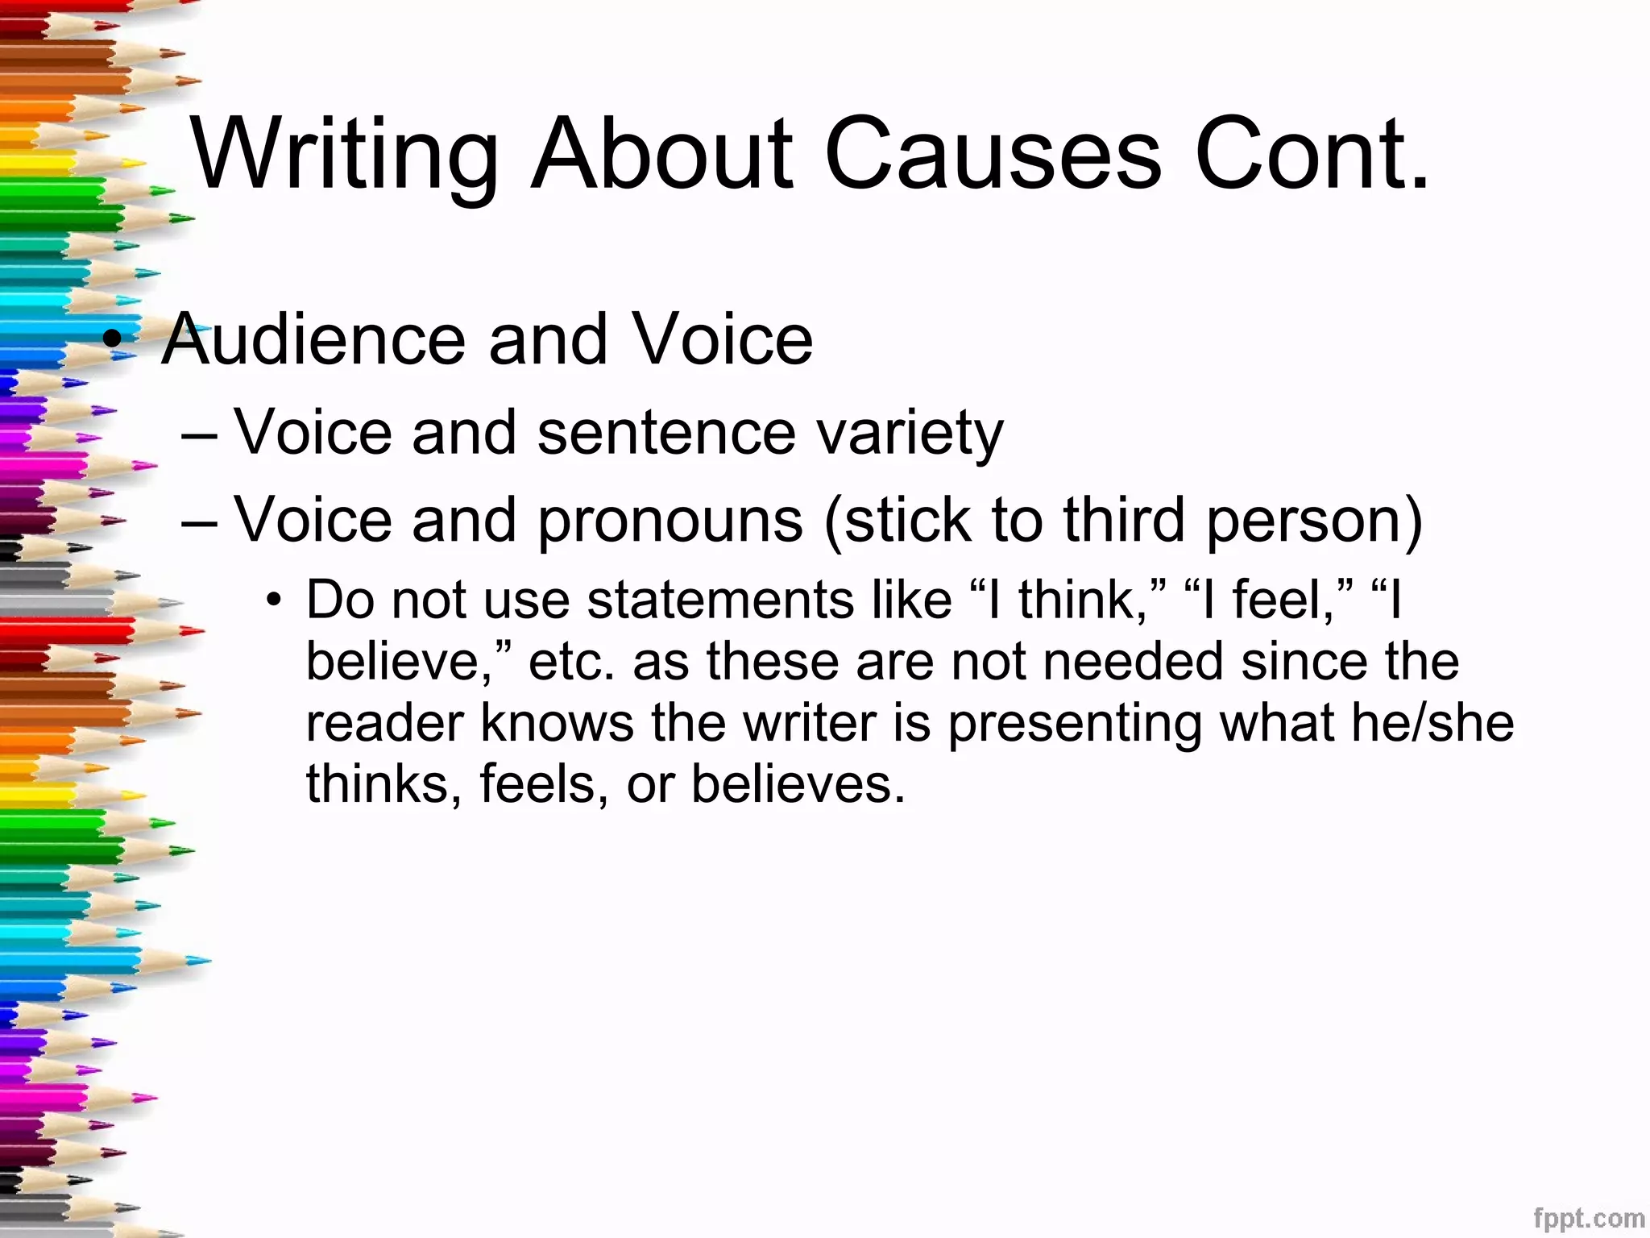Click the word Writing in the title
point(345,155)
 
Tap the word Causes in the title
point(993,155)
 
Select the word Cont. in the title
point(1312,155)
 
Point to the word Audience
point(314,339)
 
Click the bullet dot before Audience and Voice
point(115,339)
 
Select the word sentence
point(666,433)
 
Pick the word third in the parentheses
point(1124,520)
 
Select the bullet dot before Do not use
point(276,600)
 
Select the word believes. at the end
point(798,783)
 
